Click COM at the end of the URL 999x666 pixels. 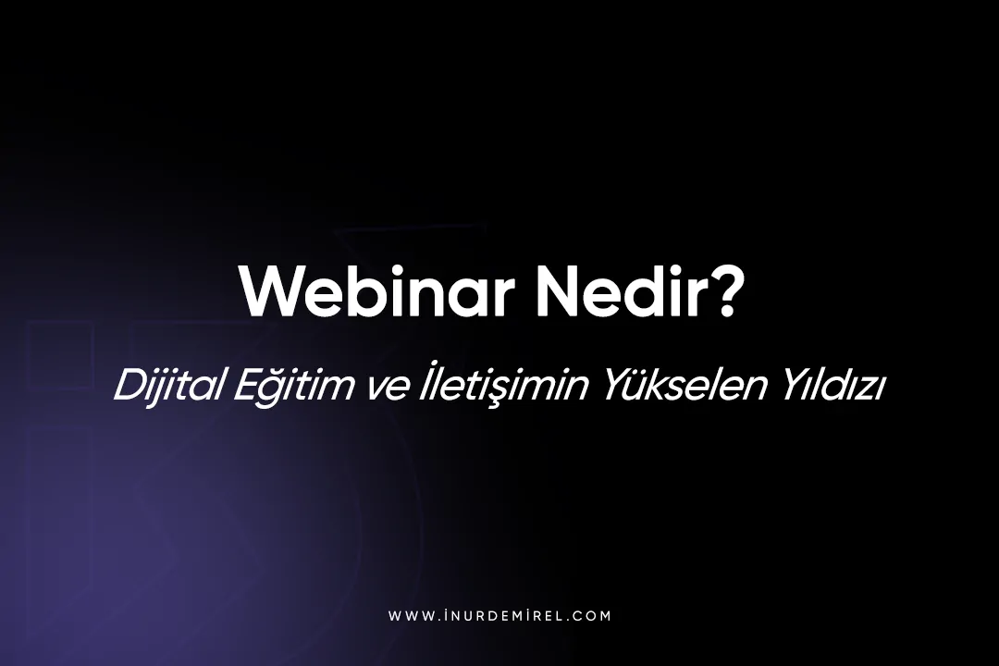[592, 616]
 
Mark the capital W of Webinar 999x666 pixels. [269, 291]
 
